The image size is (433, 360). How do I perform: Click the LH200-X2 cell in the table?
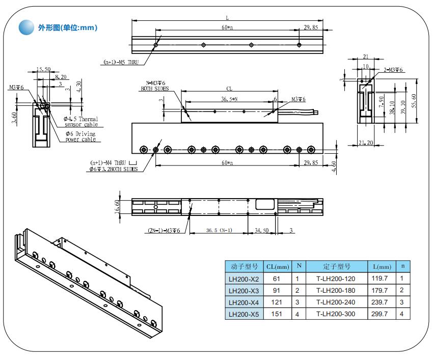[x=244, y=279]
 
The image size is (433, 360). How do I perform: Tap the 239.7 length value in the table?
[x=382, y=302]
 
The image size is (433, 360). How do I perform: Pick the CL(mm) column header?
[x=278, y=266]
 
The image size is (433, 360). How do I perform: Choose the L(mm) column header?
[x=382, y=266]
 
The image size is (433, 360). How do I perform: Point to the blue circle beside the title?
[x=26, y=28]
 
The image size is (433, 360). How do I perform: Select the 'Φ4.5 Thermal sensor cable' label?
[x=81, y=121]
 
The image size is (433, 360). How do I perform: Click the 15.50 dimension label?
[x=43, y=69]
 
